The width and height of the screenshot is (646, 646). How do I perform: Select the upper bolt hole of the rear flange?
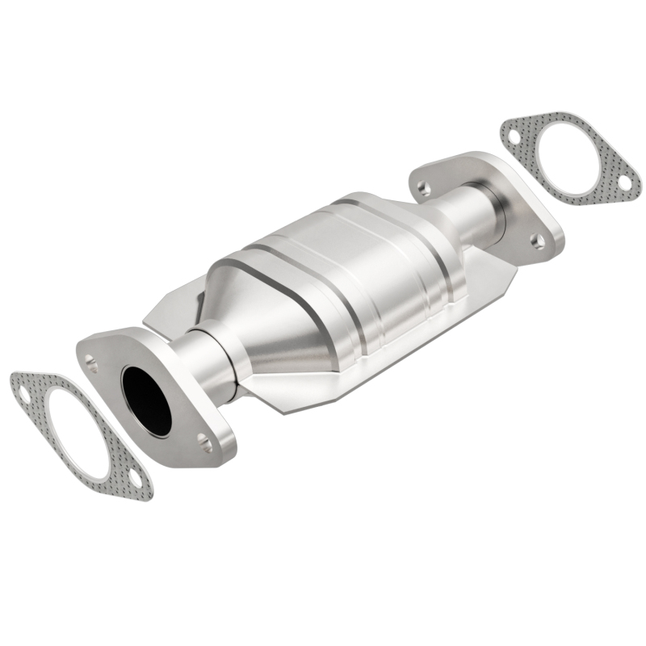(x=423, y=188)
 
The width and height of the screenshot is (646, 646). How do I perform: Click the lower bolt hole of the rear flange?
(x=535, y=239)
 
